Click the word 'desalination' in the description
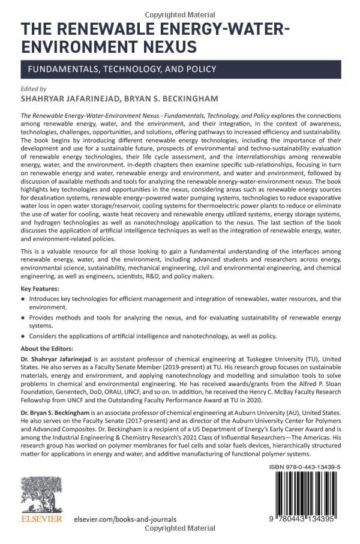41,215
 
